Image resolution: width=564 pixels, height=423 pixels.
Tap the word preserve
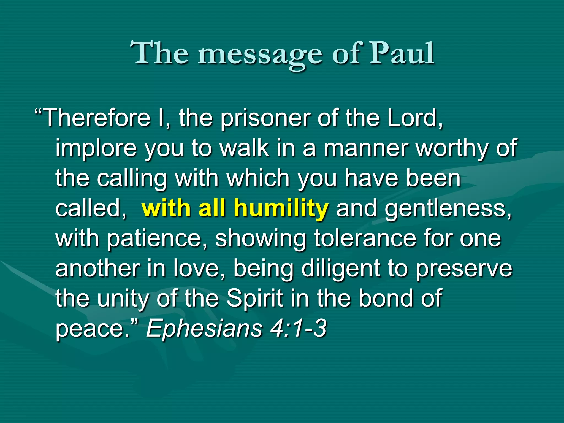pos(464,269)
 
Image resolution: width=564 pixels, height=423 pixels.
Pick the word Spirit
pos(255,299)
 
